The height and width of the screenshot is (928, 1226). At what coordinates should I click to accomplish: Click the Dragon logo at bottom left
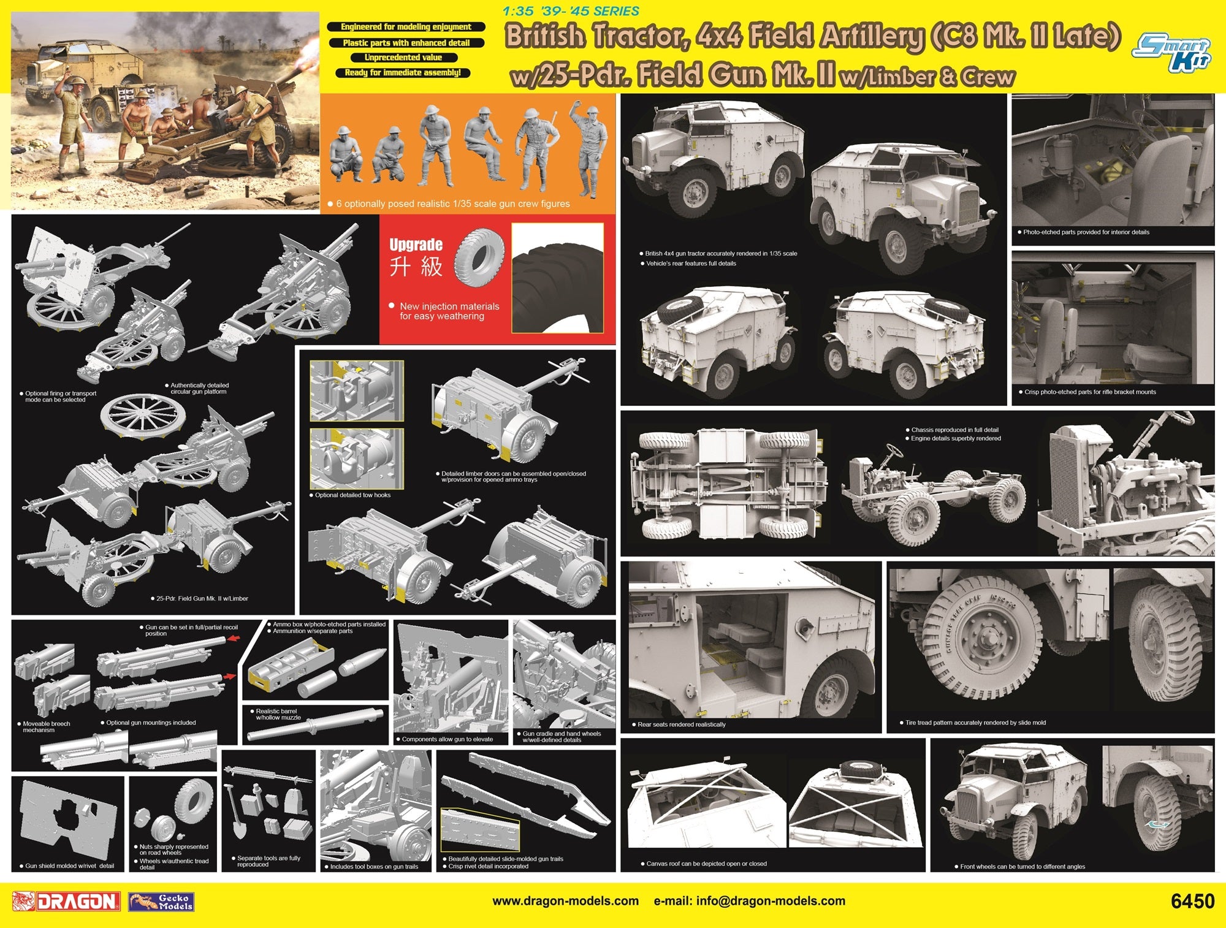click(x=66, y=901)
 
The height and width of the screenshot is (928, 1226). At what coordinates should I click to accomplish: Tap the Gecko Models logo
click(x=161, y=902)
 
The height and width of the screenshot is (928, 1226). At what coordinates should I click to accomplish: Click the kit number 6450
click(x=1192, y=901)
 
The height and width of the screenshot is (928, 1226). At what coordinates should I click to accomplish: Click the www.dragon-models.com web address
click(x=565, y=901)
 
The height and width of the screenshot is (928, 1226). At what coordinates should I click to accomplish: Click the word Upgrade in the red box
click(x=416, y=245)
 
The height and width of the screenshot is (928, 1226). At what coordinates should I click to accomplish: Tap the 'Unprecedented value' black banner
click(x=403, y=58)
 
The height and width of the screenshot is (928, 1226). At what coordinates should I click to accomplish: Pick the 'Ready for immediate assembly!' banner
click(x=403, y=73)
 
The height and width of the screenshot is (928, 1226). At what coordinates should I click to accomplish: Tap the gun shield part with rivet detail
click(x=67, y=818)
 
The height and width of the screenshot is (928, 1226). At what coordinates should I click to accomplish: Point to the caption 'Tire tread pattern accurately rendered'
click(x=975, y=723)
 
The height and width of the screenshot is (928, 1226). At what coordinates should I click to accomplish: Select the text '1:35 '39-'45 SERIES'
click(x=570, y=11)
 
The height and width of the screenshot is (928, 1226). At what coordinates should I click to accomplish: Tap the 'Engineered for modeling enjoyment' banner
click(x=406, y=27)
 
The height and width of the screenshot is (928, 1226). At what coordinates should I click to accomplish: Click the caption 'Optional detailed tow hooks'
click(x=350, y=495)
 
